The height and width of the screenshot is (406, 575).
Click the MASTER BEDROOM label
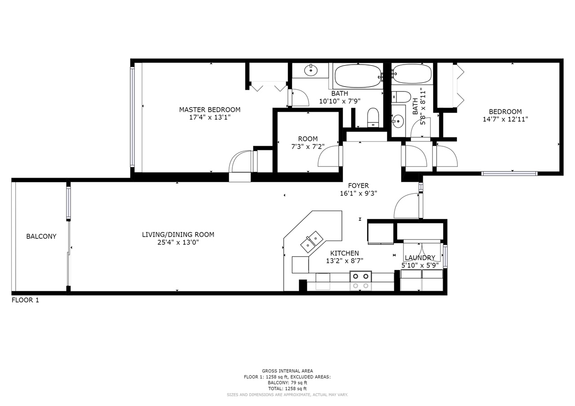pos(210,110)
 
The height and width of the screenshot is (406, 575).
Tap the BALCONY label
pos(41,236)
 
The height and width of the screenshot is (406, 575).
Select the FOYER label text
pos(358,186)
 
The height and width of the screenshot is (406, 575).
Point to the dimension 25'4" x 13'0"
pos(178,242)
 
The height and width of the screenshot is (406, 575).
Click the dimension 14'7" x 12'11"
pos(505,119)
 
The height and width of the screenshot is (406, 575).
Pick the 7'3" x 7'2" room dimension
pos(308,147)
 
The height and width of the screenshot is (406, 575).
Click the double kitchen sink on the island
pos(312,241)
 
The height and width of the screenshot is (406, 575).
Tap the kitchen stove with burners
pos(360,281)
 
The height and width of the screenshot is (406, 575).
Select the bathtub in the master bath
pos(358,76)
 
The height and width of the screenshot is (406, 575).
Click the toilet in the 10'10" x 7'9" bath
pos(373,118)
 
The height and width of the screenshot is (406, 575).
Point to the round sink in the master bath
pos(311,70)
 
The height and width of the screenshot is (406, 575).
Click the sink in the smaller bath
pos(398,121)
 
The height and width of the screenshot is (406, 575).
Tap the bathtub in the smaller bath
pos(412,74)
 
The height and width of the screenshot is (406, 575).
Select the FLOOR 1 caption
pos(25,300)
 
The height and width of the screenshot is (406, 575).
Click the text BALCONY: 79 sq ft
pos(287,383)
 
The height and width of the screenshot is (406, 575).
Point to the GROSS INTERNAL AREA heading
pos(287,371)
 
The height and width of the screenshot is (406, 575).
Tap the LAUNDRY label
pos(420,258)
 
